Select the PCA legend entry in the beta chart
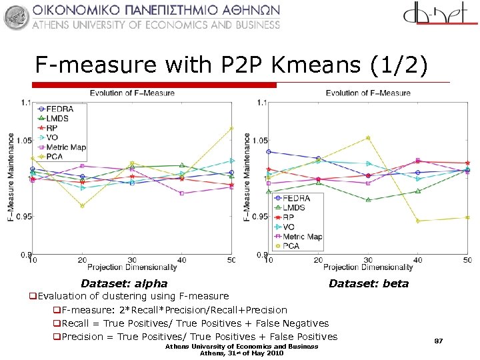pos(291,246)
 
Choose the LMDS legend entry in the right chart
pos(293,208)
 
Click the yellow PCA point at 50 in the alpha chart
pos(231,128)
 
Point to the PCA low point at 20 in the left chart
pos(82,206)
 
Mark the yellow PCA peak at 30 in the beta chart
pos(368,138)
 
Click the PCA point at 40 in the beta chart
pos(418,221)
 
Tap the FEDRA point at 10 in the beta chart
pos(269,151)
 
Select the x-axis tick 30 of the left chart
pos(132,259)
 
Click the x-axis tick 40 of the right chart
pos(418,259)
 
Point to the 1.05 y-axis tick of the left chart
pos(24,141)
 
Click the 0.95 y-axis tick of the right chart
pos(259,217)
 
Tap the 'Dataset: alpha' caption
pos(124,284)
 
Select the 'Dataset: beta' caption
pos(369,284)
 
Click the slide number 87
pos(439,341)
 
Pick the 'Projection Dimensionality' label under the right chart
pos(368,267)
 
